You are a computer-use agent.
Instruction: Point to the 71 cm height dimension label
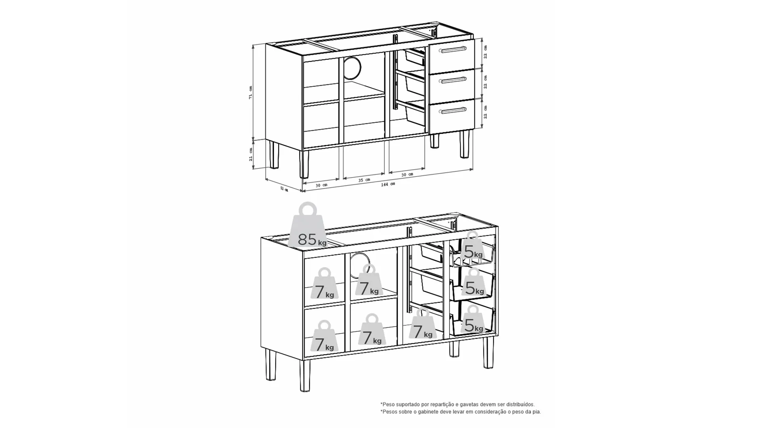(x=250, y=92)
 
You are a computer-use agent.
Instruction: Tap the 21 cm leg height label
(x=251, y=154)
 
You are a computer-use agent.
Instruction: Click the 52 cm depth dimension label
(x=284, y=189)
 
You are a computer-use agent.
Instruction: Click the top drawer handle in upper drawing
(x=453, y=50)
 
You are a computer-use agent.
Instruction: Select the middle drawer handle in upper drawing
(x=453, y=80)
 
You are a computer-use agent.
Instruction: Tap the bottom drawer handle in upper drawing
(x=453, y=111)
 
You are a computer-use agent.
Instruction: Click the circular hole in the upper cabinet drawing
(x=352, y=67)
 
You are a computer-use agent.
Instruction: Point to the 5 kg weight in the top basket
(x=473, y=246)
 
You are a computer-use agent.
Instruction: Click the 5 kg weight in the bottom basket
(x=473, y=319)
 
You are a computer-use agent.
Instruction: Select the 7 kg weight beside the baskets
(x=423, y=324)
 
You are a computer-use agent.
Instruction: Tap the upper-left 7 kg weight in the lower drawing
(x=325, y=284)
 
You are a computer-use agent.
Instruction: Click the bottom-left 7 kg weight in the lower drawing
(x=324, y=336)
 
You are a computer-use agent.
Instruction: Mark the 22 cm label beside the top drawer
(x=486, y=52)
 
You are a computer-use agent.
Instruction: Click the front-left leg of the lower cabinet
(x=305, y=375)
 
